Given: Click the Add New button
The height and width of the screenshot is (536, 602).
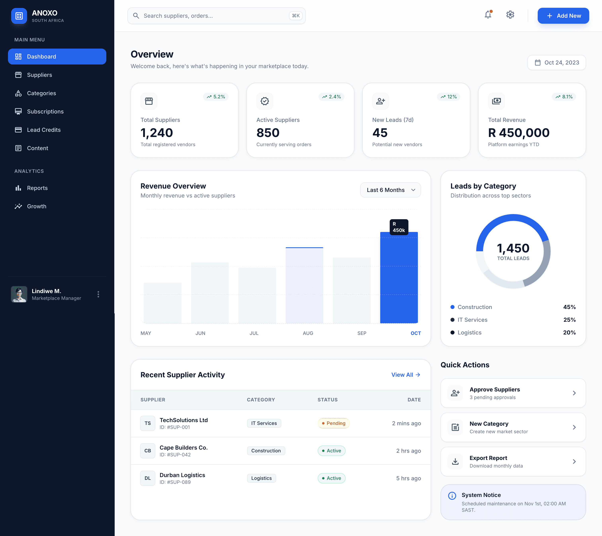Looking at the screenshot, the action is (x=563, y=16).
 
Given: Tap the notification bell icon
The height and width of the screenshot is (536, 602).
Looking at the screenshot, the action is (x=488, y=14).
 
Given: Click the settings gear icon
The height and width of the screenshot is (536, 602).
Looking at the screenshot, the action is (x=510, y=14).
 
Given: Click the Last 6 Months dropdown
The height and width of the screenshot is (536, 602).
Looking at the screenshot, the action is (x=390, y=190).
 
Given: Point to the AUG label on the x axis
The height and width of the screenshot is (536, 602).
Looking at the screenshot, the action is (x=308, y=333).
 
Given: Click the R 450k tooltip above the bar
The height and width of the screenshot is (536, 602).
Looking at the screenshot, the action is (x=399, y=227).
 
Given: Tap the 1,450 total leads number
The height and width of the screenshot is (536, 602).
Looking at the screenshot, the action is (x=513, y=248).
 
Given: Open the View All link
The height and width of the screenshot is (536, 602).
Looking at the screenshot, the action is (x=406, y=375).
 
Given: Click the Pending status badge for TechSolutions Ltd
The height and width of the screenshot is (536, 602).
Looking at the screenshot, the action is (x=333, y=423).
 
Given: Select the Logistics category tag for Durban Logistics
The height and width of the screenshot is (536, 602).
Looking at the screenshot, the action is (x=261, y=478).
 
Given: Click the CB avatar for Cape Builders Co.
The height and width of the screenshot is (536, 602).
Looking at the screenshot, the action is (x=148, y=451).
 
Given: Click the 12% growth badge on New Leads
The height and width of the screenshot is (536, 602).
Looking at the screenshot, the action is (x=448, y=97).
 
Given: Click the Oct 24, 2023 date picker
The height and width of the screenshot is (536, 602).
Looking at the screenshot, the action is (x=556, y=63).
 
